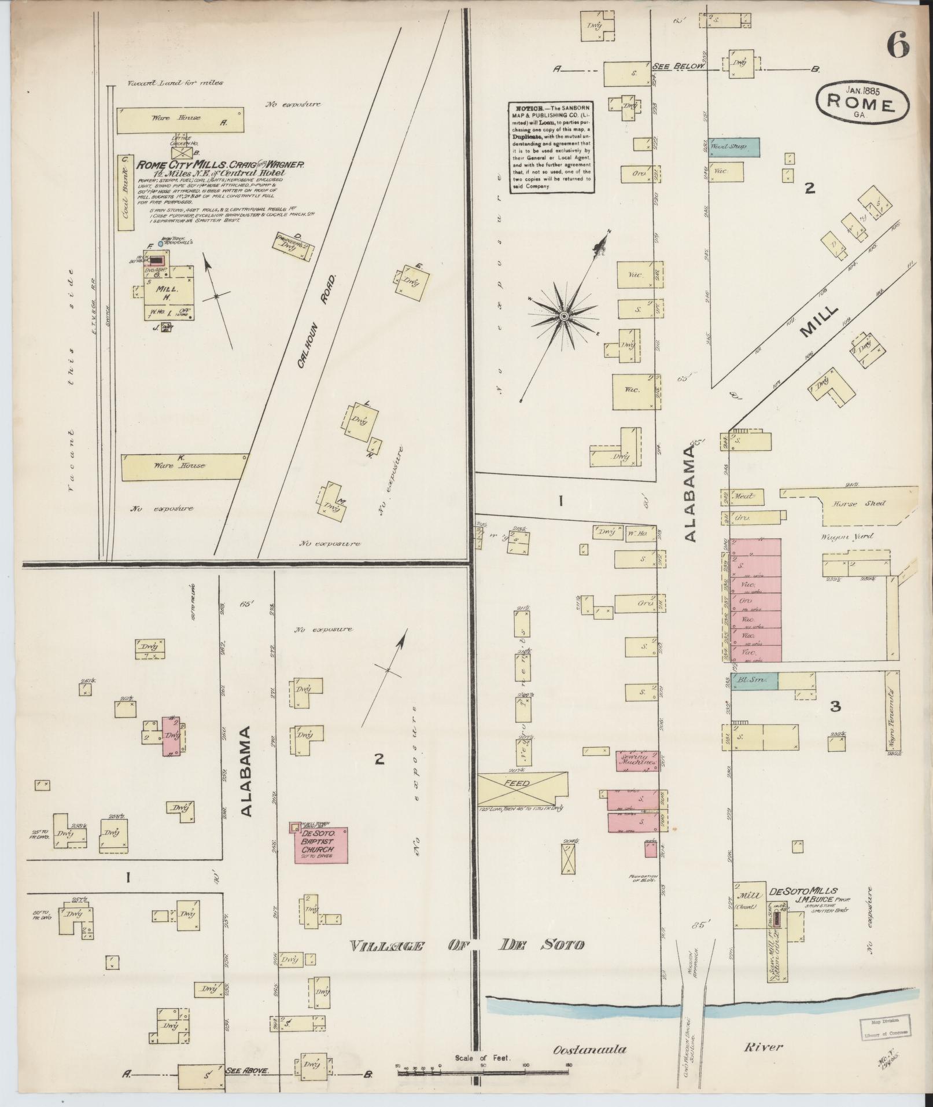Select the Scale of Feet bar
(x=484, y=1072)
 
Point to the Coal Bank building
(x=125, y=191)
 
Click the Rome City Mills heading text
(x=220, y=166)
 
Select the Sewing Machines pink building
(x=638, y=761)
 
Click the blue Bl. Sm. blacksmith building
(x=750, y=681)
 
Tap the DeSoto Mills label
(x=803, y=907)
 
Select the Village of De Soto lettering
(x=467, y=946)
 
